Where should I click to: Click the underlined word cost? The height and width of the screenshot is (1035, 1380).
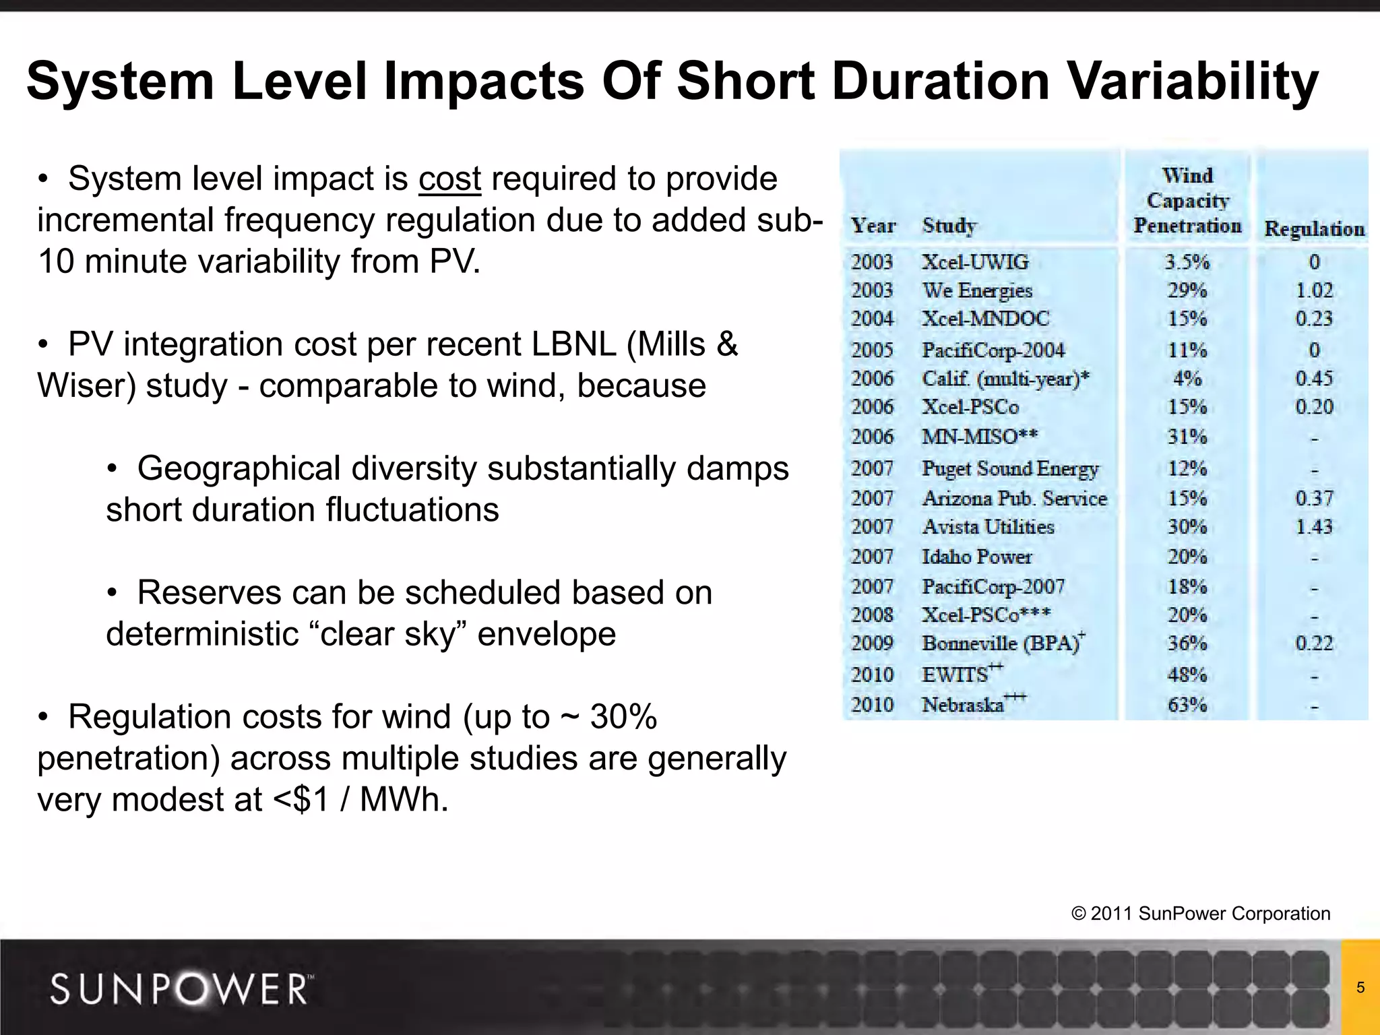449,179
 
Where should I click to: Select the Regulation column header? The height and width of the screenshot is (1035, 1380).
1314,229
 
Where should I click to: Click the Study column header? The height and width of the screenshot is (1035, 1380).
949,226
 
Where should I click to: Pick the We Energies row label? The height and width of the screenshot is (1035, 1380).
977,290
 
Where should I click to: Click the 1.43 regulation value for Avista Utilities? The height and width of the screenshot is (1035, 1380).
1314,527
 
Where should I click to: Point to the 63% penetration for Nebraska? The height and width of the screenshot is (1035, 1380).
1187,705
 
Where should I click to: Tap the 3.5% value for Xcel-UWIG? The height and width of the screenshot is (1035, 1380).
1187,262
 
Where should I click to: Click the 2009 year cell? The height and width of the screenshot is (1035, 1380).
872,644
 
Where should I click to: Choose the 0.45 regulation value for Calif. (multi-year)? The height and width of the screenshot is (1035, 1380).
1314,379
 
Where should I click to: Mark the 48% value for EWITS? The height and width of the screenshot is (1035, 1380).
1187,675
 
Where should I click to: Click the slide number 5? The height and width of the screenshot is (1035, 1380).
1360,988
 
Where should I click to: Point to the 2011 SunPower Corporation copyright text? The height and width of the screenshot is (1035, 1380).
1201,914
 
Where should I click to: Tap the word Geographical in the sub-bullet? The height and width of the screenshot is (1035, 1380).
239,469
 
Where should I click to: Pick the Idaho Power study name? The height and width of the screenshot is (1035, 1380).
976,557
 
